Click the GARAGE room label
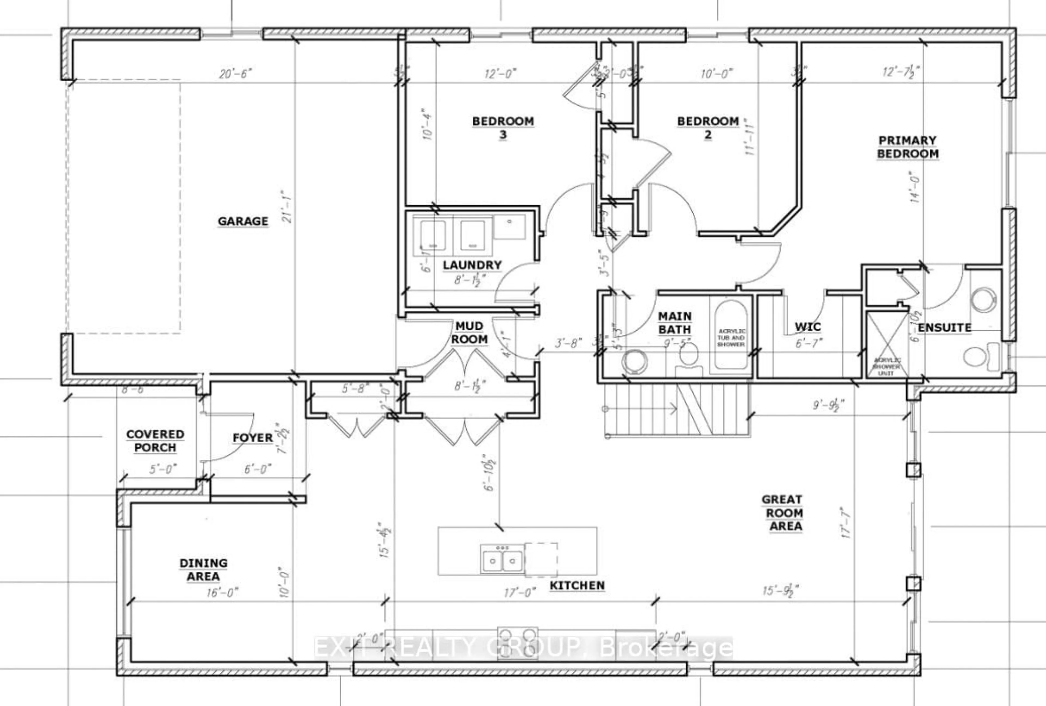tap(243, 221)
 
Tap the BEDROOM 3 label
tap(503, 128)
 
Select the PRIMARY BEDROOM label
tap(907, 147)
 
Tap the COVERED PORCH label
tap(155, 441)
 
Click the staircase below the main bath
tap(675, 409)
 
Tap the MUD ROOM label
tap(469, 332)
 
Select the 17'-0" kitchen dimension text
tap(520, 593)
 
